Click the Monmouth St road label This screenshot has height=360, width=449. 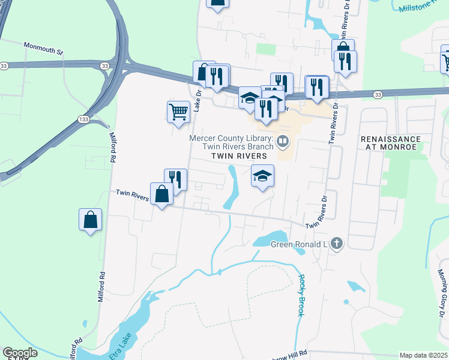[x=43, y=48]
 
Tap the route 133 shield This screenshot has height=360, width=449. [x=83, y=121]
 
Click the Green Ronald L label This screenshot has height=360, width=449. [x=298, y=244]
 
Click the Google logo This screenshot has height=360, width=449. [x=19, y=352]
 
